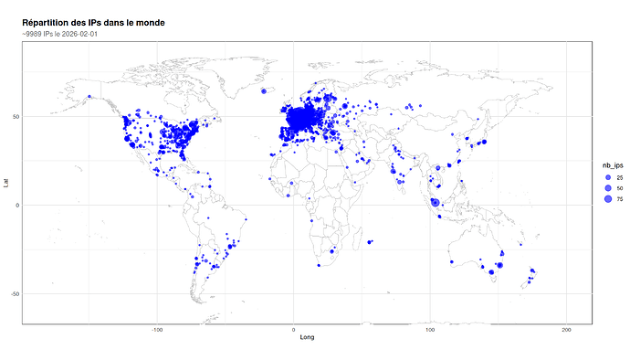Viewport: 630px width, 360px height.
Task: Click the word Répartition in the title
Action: pyautogui.click(x=48, y=22)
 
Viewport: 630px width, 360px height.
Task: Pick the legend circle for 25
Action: pyautogui.click(x=607, y=176)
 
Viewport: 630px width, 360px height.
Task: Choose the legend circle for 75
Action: pyautogui.click(x=607, y=198)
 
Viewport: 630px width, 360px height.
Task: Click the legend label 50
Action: pyautogui.click(x=620, y=187)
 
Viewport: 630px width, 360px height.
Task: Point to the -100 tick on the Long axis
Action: pyautogui.click(x=157, y=330)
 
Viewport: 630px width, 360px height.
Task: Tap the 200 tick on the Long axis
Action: pyautogui.click(x=566, y=330)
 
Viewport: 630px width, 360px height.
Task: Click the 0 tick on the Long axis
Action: pyautogui.click(x=294, y=330)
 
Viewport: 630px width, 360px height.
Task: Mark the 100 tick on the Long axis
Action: pyautogui.click(x=430, y=330)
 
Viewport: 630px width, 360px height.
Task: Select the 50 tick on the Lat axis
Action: pyautogui.click(x=16, y=117)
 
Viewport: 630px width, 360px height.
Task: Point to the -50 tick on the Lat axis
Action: pyautogui.click(x=15, y=293)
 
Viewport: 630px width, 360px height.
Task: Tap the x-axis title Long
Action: pyautogui.click(x=308, y=338)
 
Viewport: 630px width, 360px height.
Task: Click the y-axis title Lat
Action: pyautogui.click(x=7, y=183)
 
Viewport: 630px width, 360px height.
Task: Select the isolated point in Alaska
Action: pyautogui.click(x=89, y=97)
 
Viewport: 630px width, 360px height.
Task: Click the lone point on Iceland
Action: pyautogui.click(x=263, y=91)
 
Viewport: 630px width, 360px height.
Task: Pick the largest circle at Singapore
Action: pyautogui.click(x=436, y=202)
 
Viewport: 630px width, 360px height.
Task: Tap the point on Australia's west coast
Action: pyautogui.click(x=451, y=262)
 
